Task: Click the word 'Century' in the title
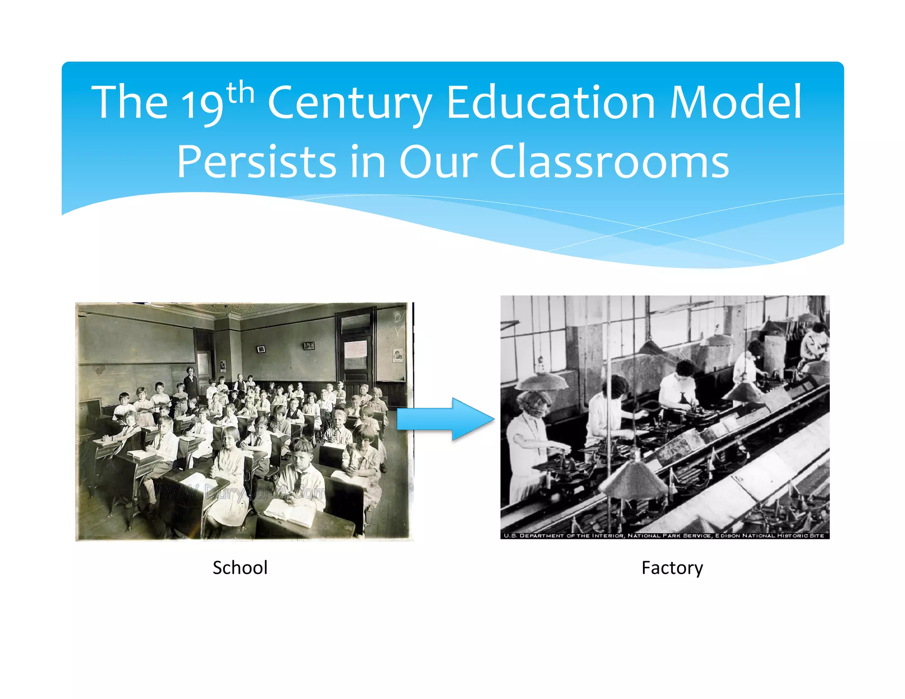pyautogui.click(x=349, y=103)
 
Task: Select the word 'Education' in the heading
pyautogui.click(x=551, y=103)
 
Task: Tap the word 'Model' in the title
pyautogui.click(x=735, y=103)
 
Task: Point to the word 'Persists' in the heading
pyautogui.click(x=256, y=162)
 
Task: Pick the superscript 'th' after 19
pyautogui.click(x=240, y=92)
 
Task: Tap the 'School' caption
pyautogui.click(x=240, y=568)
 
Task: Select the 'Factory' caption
pyautogui.click(x=672, y=568)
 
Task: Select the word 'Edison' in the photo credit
pyautogui.click(x=728, y=536)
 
